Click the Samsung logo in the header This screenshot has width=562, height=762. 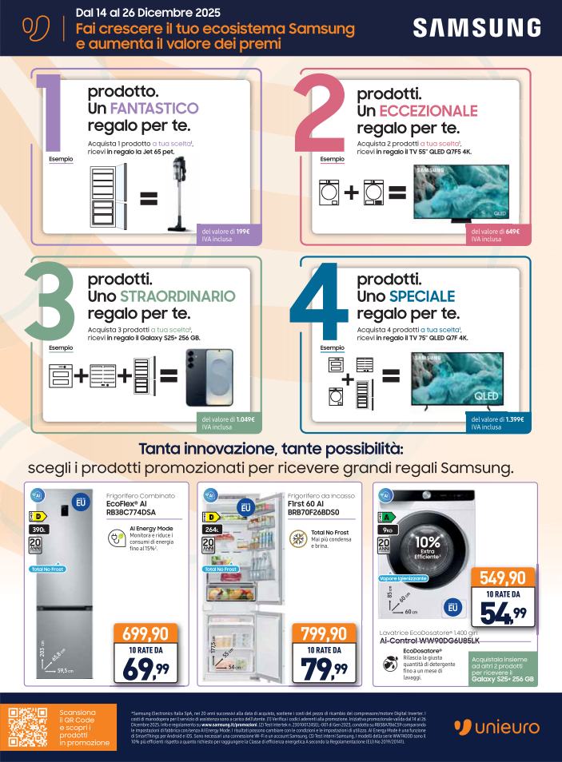478,29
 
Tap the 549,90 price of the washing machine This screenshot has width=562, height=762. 502,577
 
